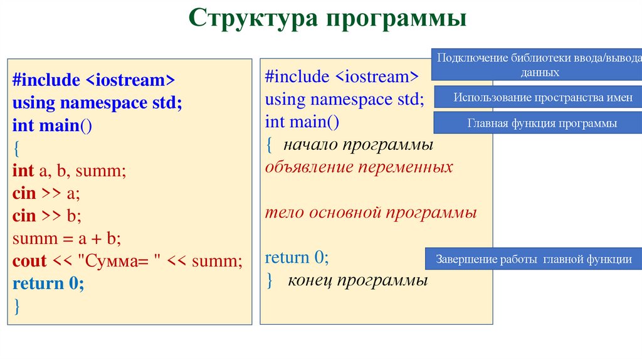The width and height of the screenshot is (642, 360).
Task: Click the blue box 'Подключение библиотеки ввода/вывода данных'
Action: click(538, 65)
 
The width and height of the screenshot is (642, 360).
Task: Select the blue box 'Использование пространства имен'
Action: click(543, 97)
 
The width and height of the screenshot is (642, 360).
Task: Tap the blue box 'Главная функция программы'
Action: click(542, 124)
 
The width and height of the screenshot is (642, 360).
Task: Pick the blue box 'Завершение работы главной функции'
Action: click(534, 259)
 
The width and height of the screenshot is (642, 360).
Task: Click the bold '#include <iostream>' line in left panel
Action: click(93, 80)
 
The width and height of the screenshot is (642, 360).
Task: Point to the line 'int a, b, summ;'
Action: click(69, 171)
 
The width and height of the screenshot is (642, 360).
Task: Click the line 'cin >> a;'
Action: click(46, 194)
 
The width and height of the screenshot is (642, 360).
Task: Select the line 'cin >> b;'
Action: click(46, 216)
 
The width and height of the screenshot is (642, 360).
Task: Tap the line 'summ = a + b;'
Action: click(66, 239)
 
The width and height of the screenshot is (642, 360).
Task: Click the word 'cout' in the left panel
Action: click(29, 261)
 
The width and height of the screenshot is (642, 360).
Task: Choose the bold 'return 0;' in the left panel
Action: click(48, 283)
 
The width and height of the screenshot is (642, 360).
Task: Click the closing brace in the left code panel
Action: click(17, 306)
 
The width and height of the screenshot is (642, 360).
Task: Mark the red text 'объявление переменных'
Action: click(359, 167)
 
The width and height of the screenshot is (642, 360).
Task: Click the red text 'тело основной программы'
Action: click(371, 213)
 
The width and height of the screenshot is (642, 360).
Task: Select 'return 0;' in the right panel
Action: click(297, 258)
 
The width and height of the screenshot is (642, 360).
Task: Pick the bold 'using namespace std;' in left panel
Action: click(97, 103)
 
